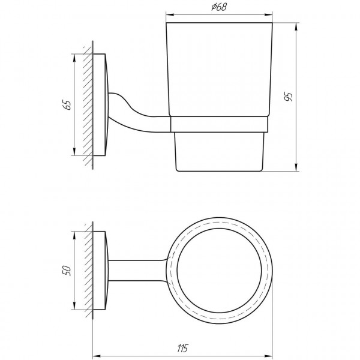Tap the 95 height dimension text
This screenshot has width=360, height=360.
289,97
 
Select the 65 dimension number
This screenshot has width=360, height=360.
67,105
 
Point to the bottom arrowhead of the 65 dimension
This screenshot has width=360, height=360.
74,153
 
